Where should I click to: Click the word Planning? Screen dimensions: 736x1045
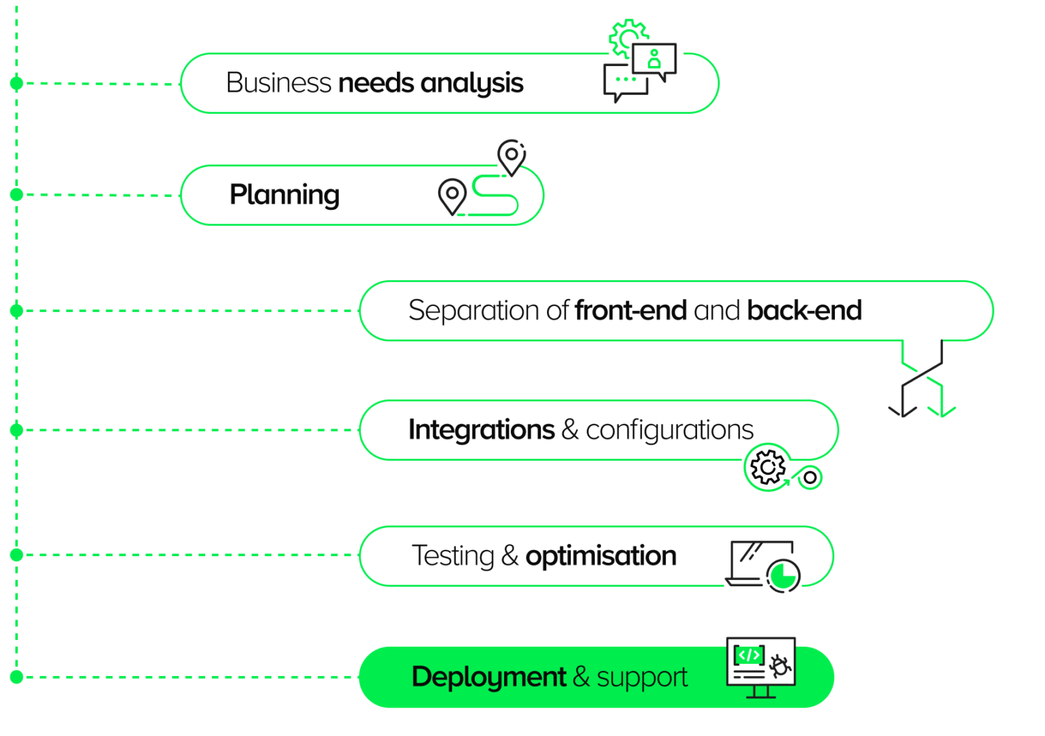pos(284,195)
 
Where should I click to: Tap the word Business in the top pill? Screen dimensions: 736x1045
pos(278,83)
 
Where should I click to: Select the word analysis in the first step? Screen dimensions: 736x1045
pos(471,83)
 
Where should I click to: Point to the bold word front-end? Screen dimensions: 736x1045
pos(630,311)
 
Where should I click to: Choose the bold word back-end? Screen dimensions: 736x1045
pos(804,311)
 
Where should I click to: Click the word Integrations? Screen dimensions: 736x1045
pos(481,430)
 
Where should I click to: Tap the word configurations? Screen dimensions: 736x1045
pos(669,430)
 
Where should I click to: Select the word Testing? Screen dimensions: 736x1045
pos(453,556)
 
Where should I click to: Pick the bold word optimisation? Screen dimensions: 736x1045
pos(600,556)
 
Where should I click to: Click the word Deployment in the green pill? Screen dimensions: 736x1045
pos(488,677)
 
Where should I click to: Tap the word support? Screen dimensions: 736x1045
pos(642,677)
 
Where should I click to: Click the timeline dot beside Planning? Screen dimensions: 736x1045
pos(17,195)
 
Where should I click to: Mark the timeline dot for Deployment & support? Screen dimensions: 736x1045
pos(17,677)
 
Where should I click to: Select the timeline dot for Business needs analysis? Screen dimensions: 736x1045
pos(17,83)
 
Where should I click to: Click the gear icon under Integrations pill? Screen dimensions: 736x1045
pos(767,467)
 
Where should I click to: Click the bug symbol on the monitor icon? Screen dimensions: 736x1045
pos(780,666)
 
